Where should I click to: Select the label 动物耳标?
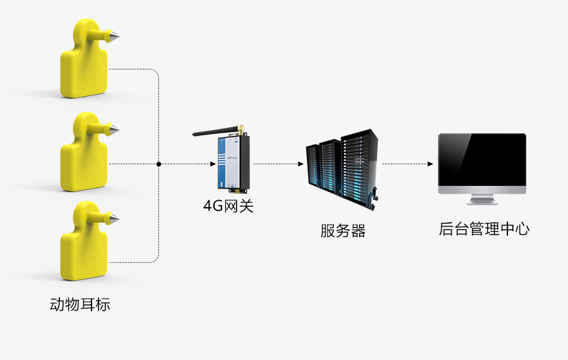(x=80, y=304)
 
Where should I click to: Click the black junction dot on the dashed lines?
(x=158, y=164)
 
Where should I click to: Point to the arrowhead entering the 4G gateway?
(x=213, y=164)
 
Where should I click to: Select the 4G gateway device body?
(x=232, y=163)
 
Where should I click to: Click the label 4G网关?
(x=228, y=206)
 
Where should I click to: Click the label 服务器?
(x=343, y=231)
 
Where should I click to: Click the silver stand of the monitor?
(x=482, y=200)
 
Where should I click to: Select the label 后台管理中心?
(x=484, y=229)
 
